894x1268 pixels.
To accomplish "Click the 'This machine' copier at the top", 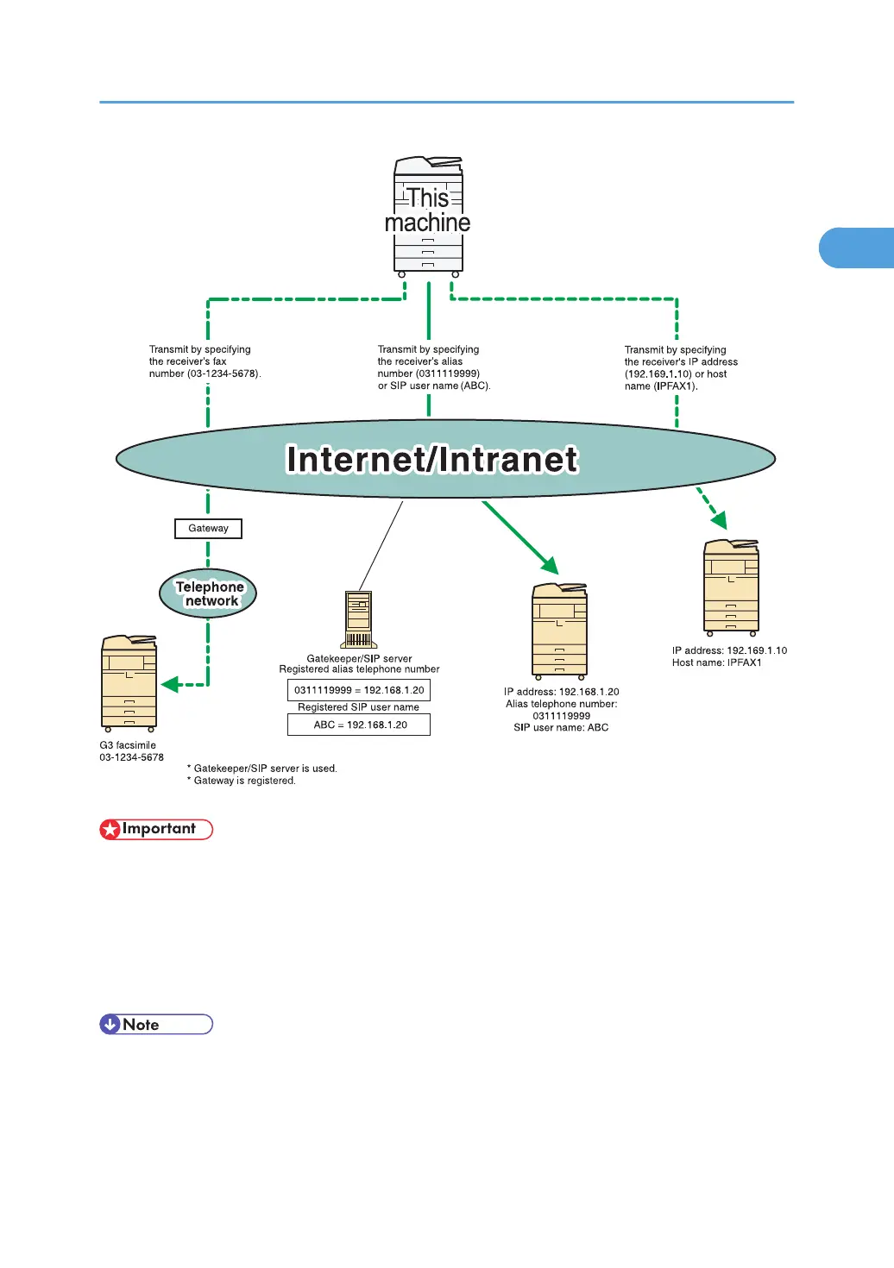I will [428, 215].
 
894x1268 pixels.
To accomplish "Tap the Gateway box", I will [208, 528].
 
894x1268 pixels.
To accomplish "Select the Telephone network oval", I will [208, 593].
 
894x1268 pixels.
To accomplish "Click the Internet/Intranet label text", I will [431, 459].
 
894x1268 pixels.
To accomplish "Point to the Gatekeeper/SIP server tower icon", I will [359, 619].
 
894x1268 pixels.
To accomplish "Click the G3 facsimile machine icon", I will [129, 683].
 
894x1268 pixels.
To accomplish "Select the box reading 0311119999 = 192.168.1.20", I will [359, 690].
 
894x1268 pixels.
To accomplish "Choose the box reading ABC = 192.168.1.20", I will [359, 725].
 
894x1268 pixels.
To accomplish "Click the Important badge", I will [156, 829].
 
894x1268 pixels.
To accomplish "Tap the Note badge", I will [156, 1024].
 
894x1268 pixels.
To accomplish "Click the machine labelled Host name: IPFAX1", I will [731, 587].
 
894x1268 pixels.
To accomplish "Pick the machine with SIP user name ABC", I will [560, 631].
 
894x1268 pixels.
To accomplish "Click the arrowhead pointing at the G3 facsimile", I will [170, 685].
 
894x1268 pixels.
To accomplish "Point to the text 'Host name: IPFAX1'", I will [717, 662].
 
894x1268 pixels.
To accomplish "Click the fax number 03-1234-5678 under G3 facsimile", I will [131, 757].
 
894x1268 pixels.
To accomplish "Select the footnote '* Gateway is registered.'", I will [242, 781].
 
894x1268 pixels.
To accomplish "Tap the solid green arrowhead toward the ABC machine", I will [551, 566].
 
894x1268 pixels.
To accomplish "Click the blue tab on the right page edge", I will [856, 248].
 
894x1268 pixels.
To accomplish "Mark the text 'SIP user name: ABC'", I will [561, 727].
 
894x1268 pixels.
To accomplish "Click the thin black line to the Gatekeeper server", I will [381, 545].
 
